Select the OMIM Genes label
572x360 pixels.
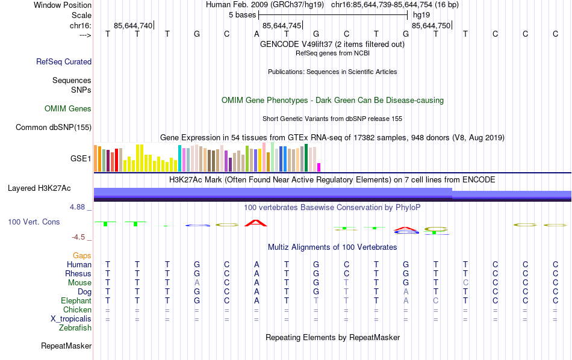tap(68, 109)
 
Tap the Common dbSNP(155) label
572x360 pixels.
tap(54, 127)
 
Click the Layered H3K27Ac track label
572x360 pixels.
tap(49, 188)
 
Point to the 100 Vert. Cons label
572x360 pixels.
tap(34, 222)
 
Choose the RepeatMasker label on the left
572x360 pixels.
tap(66, 346)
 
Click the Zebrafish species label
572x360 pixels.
tap(75, 328)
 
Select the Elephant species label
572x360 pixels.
tap(76, 301)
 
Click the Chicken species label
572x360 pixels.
tap(77, 310)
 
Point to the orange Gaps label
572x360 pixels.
tap(82, 256)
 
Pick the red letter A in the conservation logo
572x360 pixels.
tap(256, 223)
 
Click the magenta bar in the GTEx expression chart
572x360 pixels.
tap(319, 167)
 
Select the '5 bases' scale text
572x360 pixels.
tap(243, 14)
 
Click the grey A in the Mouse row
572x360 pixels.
tap(197, 283)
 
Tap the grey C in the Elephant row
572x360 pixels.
tap(435, 301)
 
